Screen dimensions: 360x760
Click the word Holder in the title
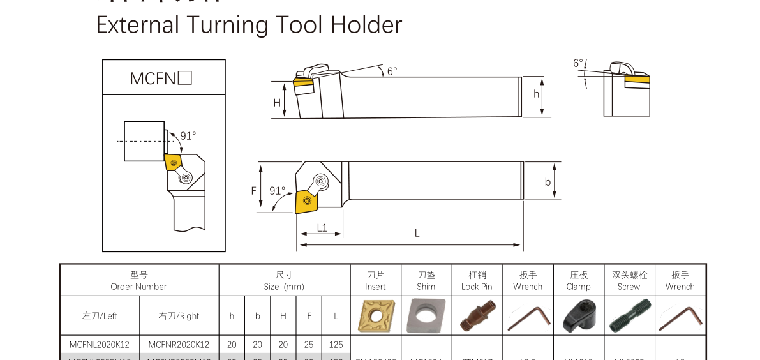pos(366,25)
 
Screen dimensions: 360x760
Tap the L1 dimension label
pos(322,228)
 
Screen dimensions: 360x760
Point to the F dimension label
pos(253,190)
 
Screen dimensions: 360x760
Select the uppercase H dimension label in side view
pos(277,102)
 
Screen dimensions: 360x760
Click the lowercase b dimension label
pos(548,182)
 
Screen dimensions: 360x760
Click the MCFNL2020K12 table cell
pos(100,345)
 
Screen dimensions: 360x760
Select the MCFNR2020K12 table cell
pos(179,345)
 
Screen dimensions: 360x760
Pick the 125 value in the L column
pos(336,345)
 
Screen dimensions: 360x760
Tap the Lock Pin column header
pos(477,281)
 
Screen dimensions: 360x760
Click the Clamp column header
pos(578,281)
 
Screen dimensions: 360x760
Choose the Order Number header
pos(138,281)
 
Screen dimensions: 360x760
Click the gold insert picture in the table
pos(375,316)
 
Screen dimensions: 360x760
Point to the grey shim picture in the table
pos(426,316)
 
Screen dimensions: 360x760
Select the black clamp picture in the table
pos(578,316)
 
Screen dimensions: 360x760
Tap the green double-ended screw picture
pos(629,316)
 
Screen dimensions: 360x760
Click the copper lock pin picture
pos(476,316)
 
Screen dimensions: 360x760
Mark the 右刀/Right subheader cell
pos(179,316)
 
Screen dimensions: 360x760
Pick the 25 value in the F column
pos(309,345)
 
